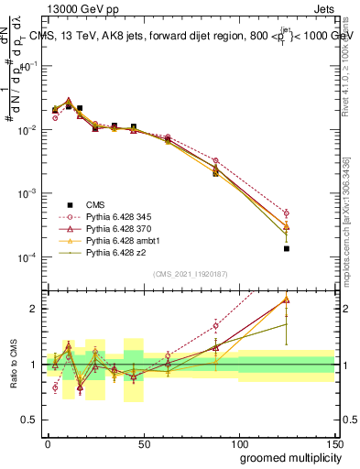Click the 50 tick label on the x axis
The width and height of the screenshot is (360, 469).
click(144, 444)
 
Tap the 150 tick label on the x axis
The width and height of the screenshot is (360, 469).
click(334, 444)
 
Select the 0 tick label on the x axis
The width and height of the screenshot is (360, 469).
click(48, 444)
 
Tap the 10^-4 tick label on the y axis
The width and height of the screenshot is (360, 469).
click(27, 257)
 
